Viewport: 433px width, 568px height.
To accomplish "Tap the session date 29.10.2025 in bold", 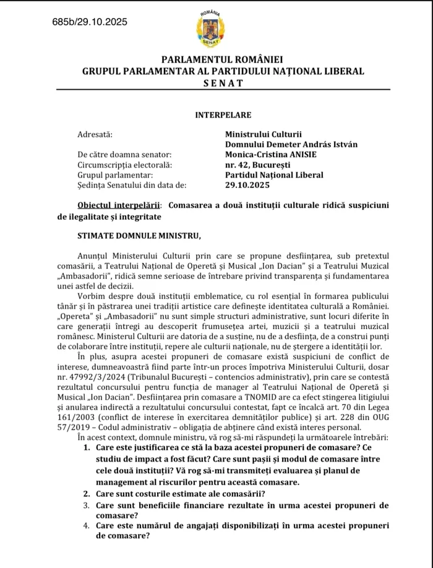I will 247,185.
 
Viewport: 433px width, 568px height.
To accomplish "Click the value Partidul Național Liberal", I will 274,174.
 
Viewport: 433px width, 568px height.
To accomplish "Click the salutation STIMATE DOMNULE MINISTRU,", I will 131,236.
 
